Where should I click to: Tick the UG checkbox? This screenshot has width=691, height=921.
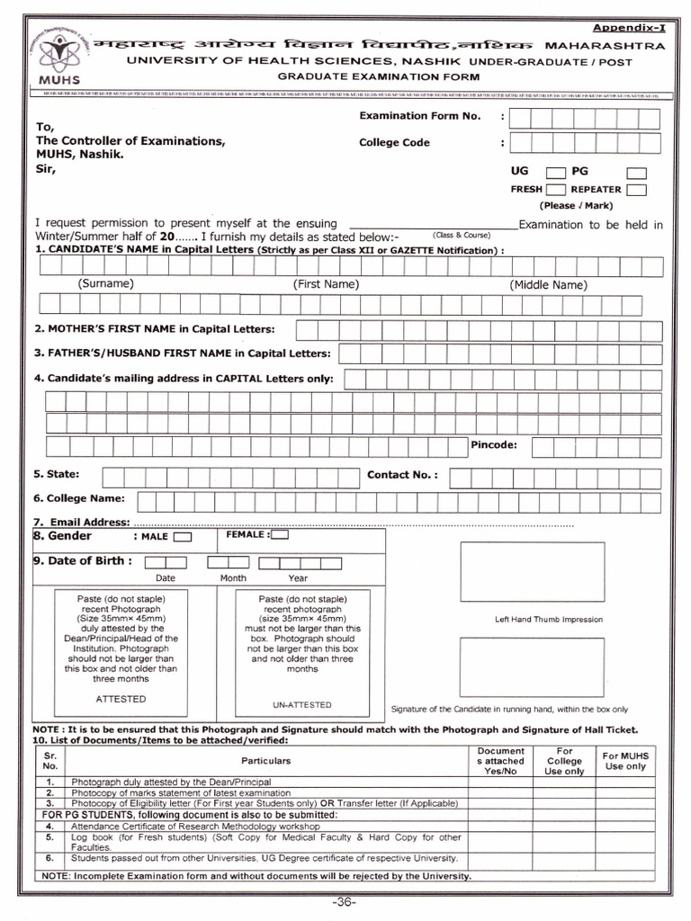tap(555, 172)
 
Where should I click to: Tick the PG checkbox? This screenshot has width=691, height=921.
tap(636, 172)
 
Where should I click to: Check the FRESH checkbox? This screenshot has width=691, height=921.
tap(555, 190)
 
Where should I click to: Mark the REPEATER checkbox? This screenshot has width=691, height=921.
tap(636, 190)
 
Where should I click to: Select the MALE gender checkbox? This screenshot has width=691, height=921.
tap(182, 537)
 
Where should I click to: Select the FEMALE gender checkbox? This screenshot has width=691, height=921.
tap(280, 535)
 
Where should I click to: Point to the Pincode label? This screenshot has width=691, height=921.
tap(494, 445)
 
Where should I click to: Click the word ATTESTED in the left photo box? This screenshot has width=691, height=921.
tap(120, 699)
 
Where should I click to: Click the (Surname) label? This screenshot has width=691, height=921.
tap(105, 284)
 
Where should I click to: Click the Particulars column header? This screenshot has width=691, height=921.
tap(266, 761)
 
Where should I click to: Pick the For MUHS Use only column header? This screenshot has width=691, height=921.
tap(624, 761)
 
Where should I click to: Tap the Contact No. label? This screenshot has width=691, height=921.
tap(403, 475)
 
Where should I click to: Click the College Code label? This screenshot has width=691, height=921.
tap(394, 142)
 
